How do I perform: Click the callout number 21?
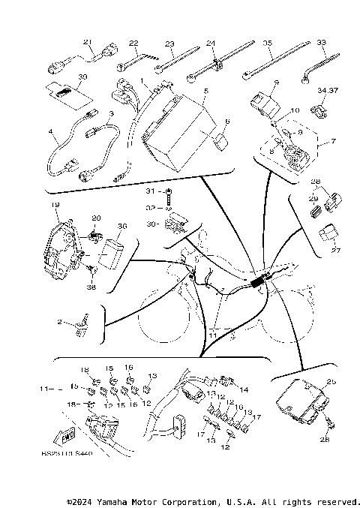point(87,42)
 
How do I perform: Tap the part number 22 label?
point(133,43)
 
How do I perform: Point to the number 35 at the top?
point(268,43)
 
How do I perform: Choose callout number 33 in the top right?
point(321,43)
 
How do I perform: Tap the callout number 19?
point(55,204)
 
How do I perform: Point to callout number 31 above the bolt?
point(150,192)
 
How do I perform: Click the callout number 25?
point(331,382)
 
